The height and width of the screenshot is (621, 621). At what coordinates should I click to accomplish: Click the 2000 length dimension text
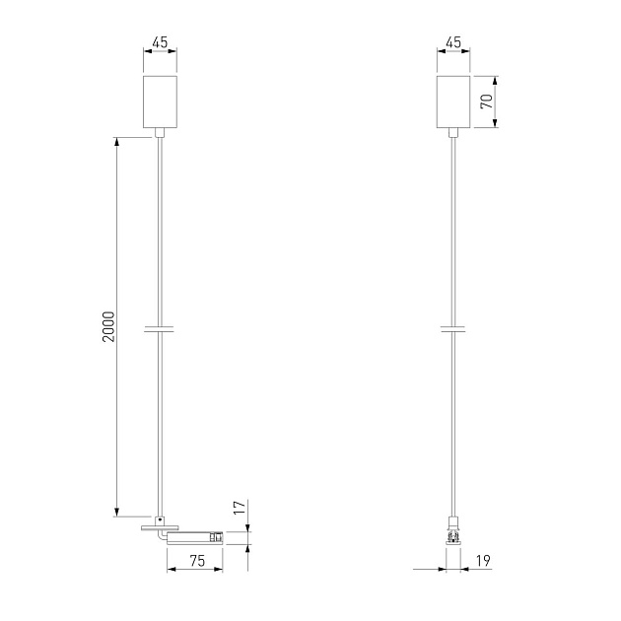(x=108, y=327)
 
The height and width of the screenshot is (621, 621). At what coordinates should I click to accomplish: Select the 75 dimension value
(x=196, y=561)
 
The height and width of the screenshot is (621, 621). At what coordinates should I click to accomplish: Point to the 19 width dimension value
(x=482, y=561)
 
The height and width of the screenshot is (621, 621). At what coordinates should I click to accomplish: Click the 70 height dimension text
(x=485, y=101)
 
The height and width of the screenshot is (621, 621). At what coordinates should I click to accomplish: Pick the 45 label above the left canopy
(x=159, y=43)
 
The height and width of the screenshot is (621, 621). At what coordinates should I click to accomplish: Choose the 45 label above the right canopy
(x=453, y=43)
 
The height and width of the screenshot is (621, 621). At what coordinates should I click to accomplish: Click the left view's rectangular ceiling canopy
(x=159, y=101)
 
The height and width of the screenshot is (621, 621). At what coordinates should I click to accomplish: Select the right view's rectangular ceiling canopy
(x=453, y=101)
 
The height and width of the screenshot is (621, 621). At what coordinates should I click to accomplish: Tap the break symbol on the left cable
(x=159, y=327)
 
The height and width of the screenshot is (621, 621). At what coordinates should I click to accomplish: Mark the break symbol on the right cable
(x=453, y=327)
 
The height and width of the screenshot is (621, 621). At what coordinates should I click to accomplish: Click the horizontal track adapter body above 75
(x=195, y=538)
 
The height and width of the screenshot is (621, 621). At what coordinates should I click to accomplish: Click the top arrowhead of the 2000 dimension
(x=117, y=142)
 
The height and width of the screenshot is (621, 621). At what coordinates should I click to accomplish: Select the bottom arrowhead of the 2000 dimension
(x=117, y=510)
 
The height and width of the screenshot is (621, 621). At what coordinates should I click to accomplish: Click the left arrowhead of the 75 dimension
(x=171, y=570)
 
